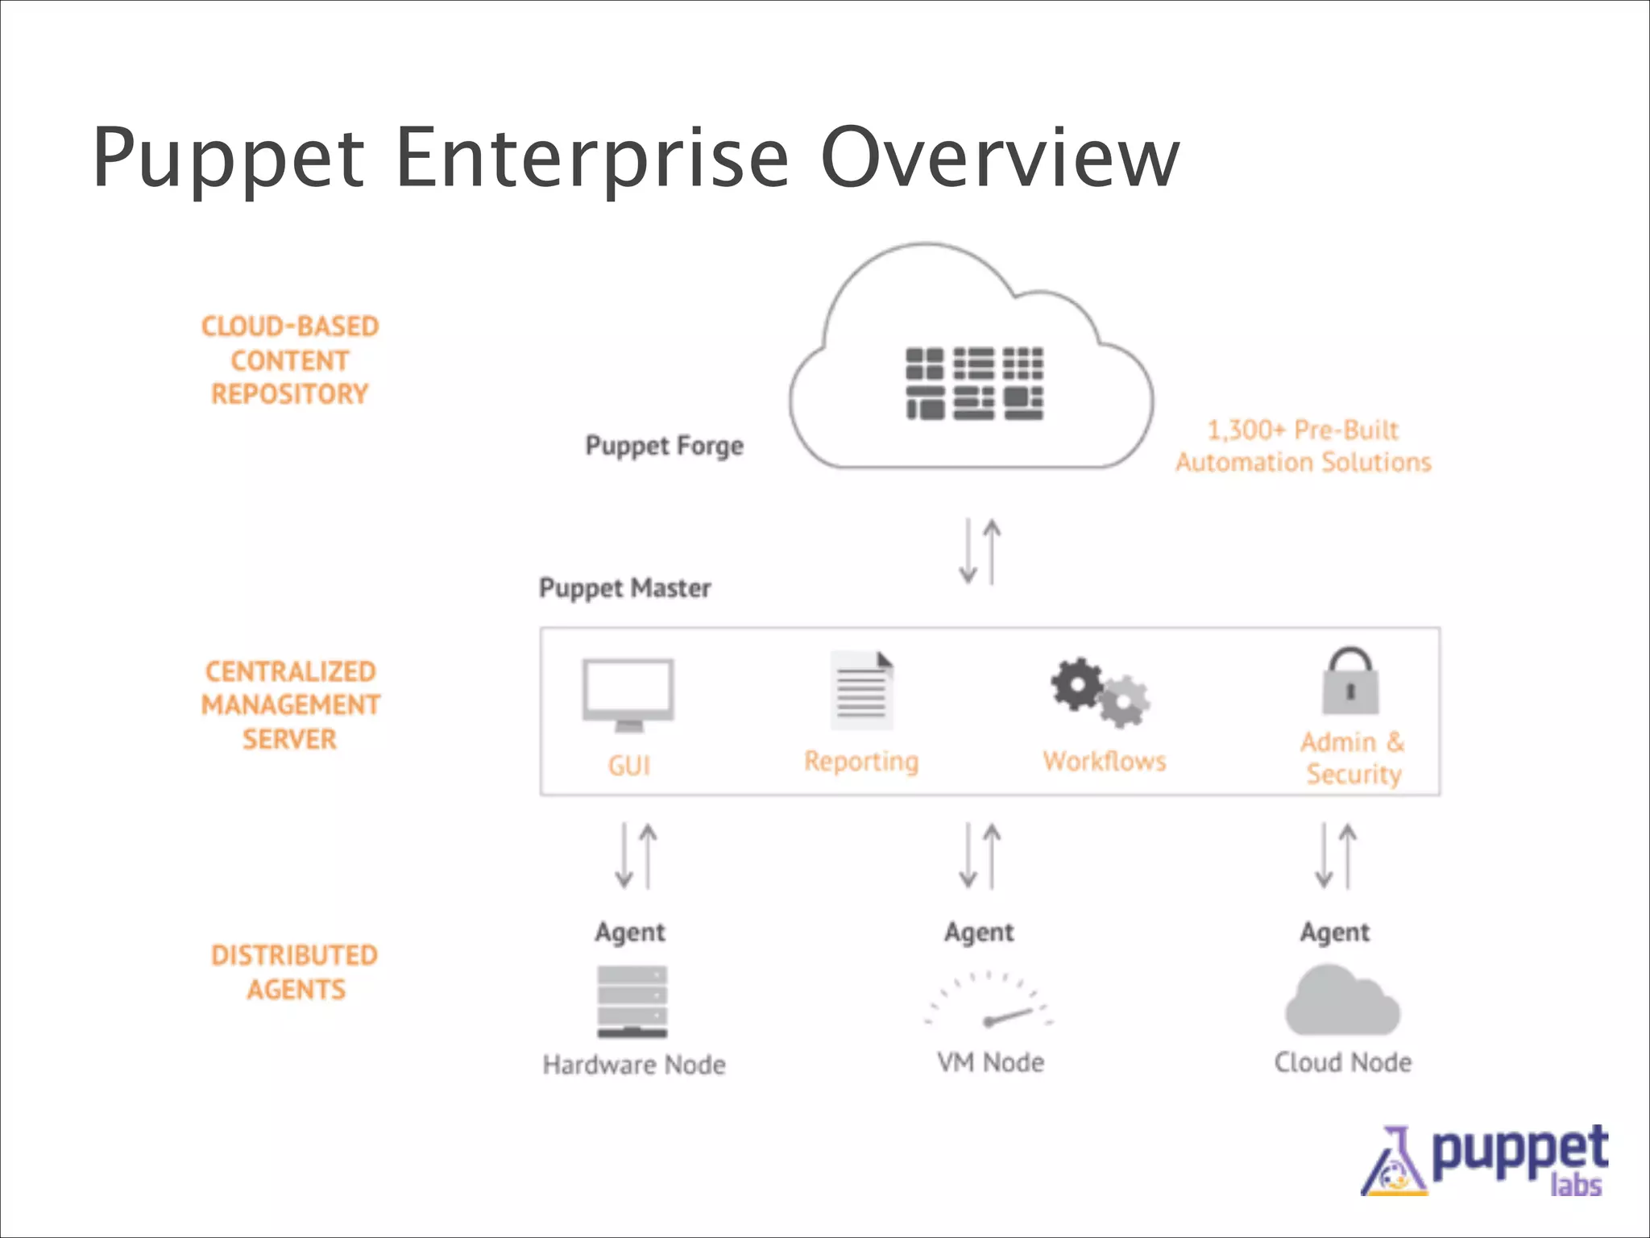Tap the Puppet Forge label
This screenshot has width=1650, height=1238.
click(x=664, y=446)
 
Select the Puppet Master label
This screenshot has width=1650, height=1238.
click(x=624, y=588)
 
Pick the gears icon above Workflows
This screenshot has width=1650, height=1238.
click(x=1101, y=692)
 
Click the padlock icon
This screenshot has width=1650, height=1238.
click(x=1350, y=681)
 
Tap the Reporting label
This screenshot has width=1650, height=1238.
click(x=861, y=762)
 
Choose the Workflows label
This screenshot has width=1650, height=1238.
click(x=1105, y=762)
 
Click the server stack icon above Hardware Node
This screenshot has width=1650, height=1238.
click(x=632, y=1001)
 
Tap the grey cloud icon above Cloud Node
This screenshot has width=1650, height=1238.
click(x=1342, y=1002)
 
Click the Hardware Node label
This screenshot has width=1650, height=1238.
click(x=634, y=1065)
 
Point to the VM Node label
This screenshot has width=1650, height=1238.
click(x=990, y=1063)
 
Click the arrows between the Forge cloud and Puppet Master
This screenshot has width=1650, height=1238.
click(x=980, y=551)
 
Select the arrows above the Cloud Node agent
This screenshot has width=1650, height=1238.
click(x=1336, y=856)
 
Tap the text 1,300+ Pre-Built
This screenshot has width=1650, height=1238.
click(x=1302, y=430)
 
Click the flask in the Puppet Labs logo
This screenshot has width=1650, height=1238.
click(x=1395, y=1163)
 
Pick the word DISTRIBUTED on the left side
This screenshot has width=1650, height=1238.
click(x=294, y=956)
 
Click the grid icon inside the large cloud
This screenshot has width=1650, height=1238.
click(x=974, y=384)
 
